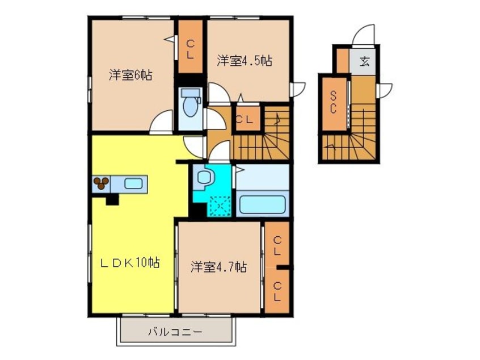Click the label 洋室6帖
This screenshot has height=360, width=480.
(130, 75)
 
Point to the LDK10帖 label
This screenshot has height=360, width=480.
(130, 262)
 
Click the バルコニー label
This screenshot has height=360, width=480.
(176, 332)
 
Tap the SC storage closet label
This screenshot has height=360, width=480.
(334, 102)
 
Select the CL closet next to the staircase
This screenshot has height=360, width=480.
(245, 119)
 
